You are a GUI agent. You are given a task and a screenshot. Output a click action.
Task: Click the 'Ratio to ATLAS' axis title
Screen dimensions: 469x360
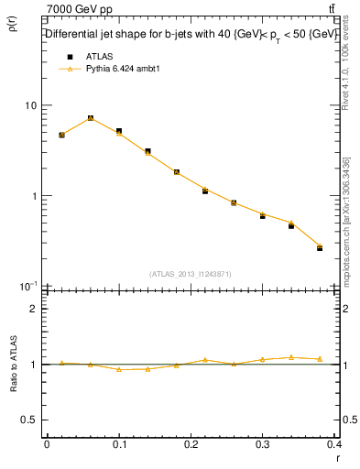(13, 365)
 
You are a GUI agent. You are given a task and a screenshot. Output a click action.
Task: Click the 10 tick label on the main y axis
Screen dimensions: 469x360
(30, 106)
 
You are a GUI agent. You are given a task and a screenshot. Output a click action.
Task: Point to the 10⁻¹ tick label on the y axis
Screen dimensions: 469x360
(27, 286)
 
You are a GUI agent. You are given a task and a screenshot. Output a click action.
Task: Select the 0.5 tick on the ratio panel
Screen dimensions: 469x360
(29, 420)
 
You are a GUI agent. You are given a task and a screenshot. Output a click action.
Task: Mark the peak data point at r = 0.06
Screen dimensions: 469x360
(91, 118)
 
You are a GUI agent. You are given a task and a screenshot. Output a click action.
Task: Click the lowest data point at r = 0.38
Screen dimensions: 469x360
(320, 247)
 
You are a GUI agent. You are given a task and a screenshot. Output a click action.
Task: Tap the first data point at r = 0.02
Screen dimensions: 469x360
(61, 135)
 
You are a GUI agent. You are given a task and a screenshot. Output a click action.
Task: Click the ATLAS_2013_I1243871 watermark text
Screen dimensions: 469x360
(191, 274)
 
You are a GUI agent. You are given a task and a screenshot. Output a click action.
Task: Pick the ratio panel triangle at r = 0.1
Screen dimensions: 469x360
(119, 369)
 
